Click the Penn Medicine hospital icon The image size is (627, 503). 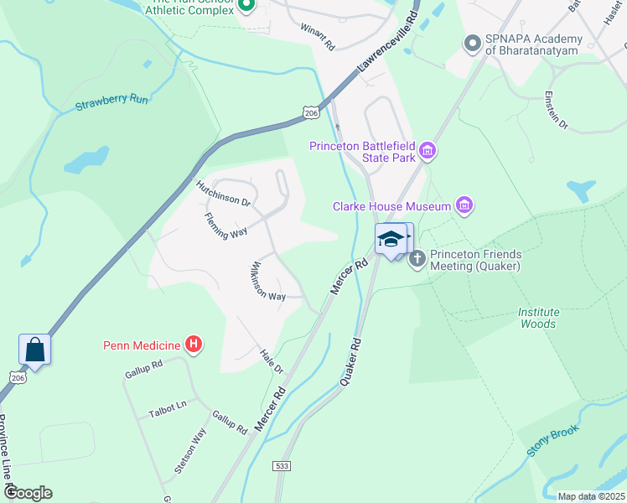(x=194, y=344)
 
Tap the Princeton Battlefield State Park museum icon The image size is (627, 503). (x=427, y=151)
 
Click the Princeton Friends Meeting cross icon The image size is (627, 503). (x=417, y=260)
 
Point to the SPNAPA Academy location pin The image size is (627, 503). (x=472, y=43)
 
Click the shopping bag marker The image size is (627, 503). (x=35, y=349)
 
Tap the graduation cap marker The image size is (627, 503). (x=390, y=239)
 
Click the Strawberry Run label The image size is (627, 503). (x=111, y=101)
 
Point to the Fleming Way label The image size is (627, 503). (x=225, y=226)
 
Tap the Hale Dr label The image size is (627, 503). (x=272, y=361)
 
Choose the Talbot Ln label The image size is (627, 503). (x=167, y=408)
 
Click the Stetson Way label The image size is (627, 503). (x=190, y=452)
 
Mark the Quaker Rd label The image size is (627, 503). (x=350, y=362)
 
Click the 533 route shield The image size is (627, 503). (x=282, y=465)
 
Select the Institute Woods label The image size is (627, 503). (x=537, y=318)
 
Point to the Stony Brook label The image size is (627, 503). (x=553, y=440)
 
